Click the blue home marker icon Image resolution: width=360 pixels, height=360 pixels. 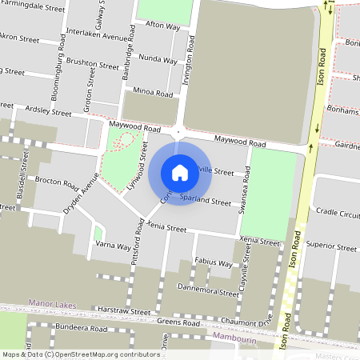(180, 172)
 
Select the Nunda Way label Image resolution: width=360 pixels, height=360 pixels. (158, 59)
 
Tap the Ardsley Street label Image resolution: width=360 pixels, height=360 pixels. (49, 111)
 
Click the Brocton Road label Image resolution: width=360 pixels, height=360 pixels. (56, 181)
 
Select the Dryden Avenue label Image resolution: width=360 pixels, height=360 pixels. (81, 197)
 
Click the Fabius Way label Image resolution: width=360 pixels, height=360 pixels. (213, 262)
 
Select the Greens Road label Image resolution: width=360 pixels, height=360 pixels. (178, 322)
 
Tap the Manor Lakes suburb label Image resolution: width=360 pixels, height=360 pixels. (51, 303)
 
